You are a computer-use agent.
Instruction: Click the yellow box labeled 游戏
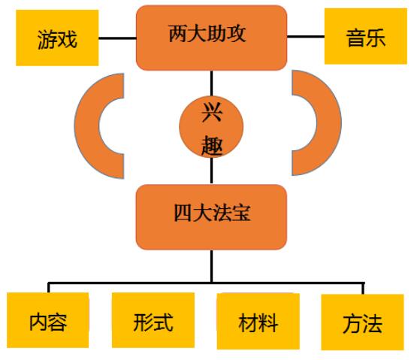(57, 38)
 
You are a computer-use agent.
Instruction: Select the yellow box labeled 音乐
(366, 36)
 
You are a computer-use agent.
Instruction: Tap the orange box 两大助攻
(212, 38)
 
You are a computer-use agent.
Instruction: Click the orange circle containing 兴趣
(211, 127)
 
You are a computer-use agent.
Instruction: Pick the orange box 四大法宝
(211, 217)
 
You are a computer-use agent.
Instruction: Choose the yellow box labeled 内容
(47, 320)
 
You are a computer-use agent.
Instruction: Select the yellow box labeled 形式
(153, 320)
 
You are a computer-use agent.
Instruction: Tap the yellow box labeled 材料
(258, 321)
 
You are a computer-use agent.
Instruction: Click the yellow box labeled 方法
(362, 322)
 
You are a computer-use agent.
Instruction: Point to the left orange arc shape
(86, 126)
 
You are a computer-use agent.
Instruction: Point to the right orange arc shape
(329, 123)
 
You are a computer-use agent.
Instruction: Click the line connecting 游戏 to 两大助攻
(117, 38)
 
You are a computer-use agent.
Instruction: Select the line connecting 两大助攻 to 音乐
(306, 37)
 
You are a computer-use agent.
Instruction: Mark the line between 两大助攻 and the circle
(212, 83)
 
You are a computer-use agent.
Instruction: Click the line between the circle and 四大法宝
(212, 171)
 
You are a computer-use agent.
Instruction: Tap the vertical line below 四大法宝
(212, 266)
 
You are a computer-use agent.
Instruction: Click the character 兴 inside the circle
(212, 112)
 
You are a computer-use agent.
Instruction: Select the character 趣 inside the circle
(212, 145)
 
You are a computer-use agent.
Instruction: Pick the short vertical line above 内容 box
(49, 288)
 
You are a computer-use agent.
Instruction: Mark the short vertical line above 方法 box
(363, 289)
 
